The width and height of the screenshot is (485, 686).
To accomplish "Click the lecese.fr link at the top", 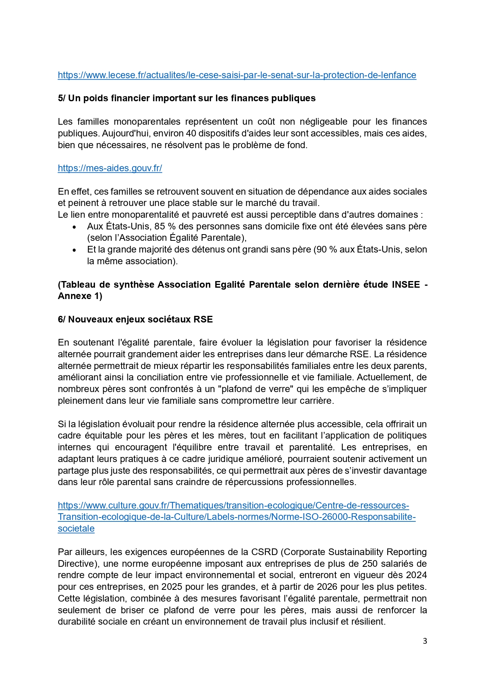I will point(237,75).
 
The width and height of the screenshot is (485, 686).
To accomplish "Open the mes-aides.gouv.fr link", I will point(110,168).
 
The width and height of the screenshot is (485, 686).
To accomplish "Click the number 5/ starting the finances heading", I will point(62,98).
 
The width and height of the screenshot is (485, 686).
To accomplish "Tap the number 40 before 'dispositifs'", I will point(191,133).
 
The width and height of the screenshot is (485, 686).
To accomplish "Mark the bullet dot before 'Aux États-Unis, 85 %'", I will point(74,227).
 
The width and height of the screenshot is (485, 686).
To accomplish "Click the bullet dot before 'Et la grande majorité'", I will point(74,250).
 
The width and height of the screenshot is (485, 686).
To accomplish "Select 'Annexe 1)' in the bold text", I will point(80,296).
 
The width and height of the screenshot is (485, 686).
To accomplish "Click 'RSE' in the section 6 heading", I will point(203,319).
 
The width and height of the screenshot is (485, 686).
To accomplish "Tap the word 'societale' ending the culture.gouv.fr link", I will point(76,528).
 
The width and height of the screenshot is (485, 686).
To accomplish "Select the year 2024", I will point(416,575).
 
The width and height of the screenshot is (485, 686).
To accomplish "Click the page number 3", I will point(425,641).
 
